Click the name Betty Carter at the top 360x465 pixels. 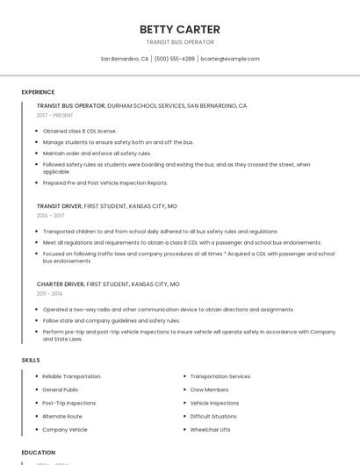180,29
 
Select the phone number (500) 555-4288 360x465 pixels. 174,59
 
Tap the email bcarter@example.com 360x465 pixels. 230,59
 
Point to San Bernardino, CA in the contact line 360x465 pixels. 124,59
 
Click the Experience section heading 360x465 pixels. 38,92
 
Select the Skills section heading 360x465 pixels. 30,361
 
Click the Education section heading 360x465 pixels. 38,453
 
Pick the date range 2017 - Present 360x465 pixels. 56,115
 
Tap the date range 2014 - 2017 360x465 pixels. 50,215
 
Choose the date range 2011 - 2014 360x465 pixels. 49,293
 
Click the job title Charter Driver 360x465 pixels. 59,284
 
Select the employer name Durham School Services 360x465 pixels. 146,105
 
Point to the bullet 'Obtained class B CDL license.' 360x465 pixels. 79,131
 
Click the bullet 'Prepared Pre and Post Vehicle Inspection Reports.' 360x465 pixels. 104,182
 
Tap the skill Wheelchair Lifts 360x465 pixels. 210,430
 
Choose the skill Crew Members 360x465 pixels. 209,389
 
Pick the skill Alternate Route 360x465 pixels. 61,416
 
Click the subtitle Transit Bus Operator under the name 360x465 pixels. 180,42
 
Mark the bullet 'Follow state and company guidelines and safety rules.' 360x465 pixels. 111,320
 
